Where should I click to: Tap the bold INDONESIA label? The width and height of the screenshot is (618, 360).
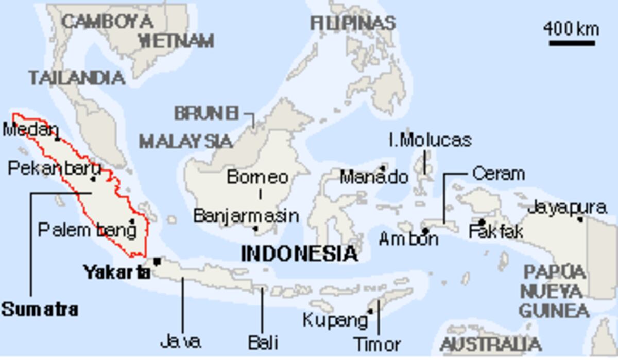pos(299,253)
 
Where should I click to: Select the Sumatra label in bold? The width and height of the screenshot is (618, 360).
pos(40,310)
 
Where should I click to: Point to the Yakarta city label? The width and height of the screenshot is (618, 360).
pos(117,272)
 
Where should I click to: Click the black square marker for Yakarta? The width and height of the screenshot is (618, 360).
pos(157,261)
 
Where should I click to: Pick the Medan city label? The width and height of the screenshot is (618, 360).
pos(29,129)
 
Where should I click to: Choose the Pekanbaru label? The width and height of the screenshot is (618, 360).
pos(54,168)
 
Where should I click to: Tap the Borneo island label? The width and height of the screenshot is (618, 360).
pos(257,177)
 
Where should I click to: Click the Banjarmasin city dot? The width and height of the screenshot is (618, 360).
pos(255,228)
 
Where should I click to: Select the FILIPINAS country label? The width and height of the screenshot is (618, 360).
pos(353,23)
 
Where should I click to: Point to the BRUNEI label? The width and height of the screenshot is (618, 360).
pos(207,113)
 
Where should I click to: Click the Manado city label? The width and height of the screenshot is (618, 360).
pos(374,178)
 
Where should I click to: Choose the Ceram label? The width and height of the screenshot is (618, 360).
pos(498,174)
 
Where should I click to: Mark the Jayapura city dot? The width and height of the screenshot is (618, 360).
pos(580,219)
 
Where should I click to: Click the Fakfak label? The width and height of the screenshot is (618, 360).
pos(495,232)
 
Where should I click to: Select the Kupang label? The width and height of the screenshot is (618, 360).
pos(335,320)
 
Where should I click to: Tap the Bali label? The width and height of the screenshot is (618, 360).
pos(263,342)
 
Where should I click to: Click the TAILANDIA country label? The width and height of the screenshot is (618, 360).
pos(77,78)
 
